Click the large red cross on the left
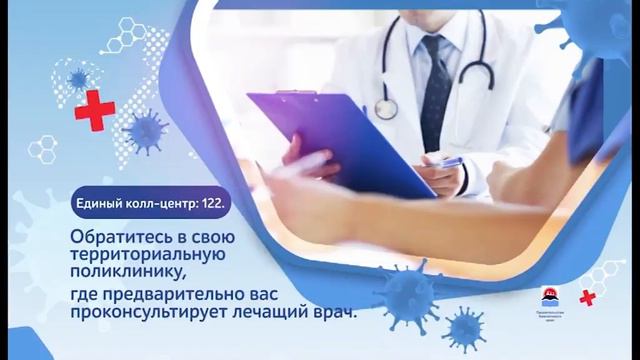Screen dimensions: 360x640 point(94,109)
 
